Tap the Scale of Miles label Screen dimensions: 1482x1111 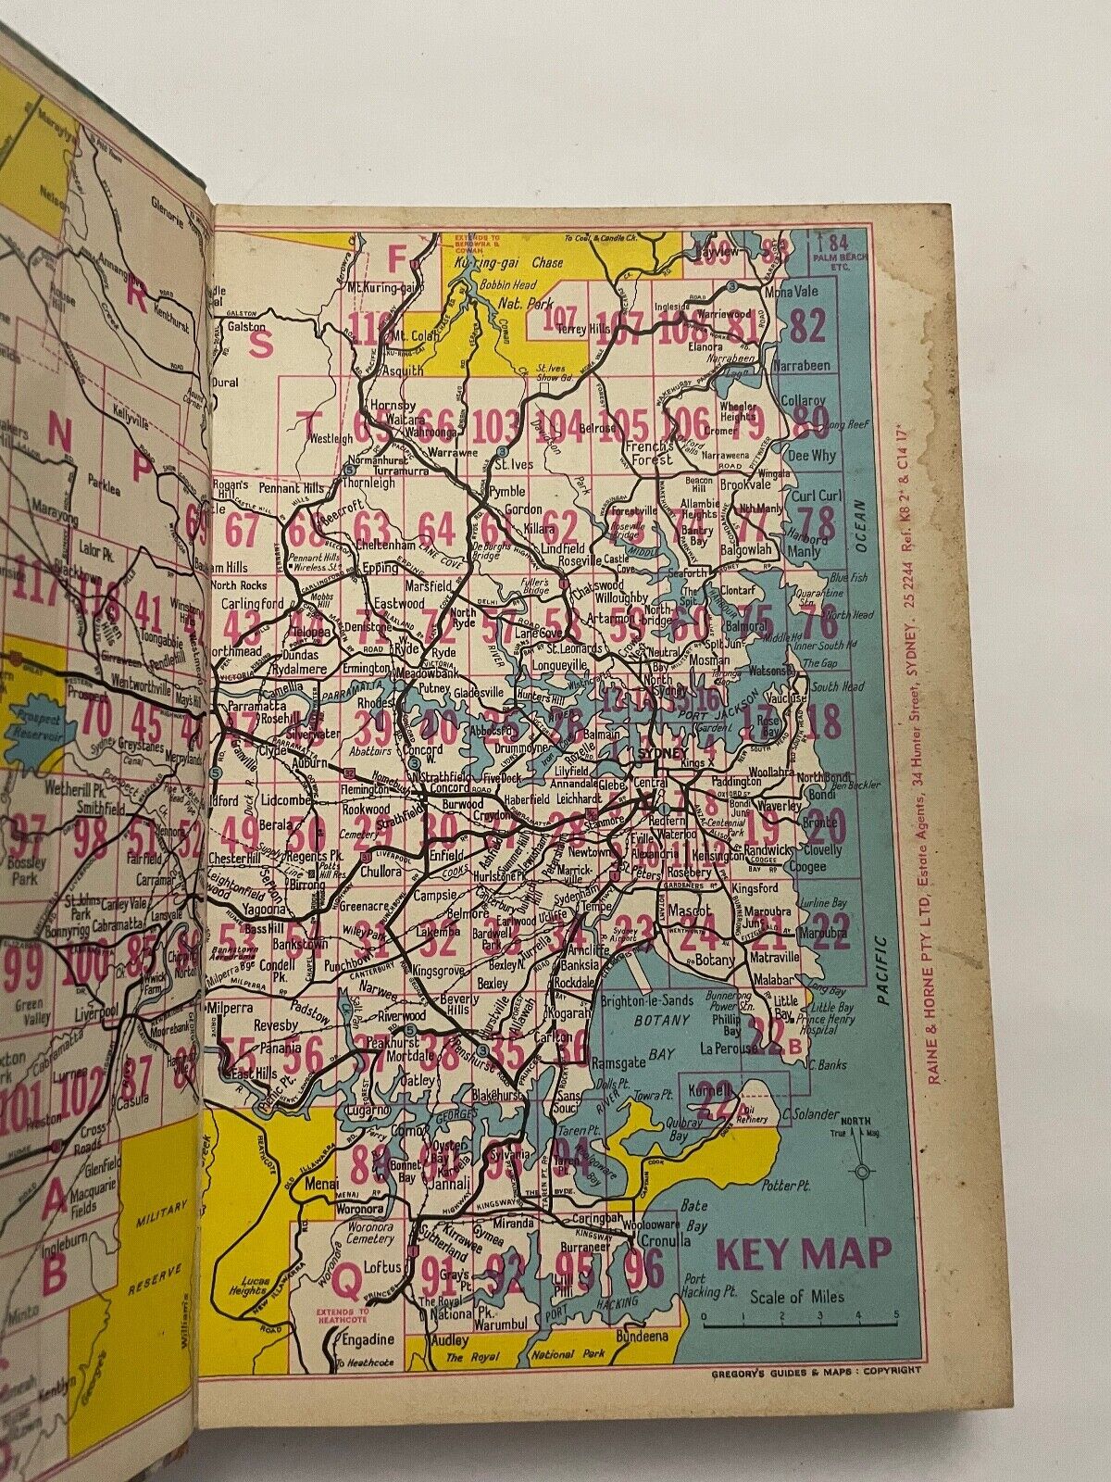(798, 1297)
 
